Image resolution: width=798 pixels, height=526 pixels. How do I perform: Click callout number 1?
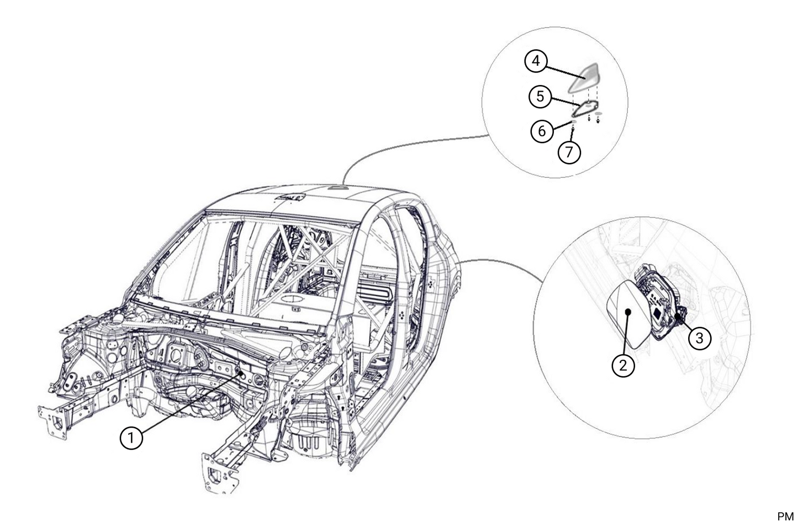click(x=131, y=438)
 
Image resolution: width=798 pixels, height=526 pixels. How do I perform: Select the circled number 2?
click(x=623, y=365)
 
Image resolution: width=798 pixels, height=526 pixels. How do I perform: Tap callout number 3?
click(x=700, y=337)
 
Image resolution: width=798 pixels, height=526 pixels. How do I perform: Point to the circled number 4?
click(x=536, y=60)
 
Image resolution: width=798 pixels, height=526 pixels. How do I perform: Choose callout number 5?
click(x=540, y=96)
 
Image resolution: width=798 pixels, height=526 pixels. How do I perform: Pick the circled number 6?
click(x=542, y=131)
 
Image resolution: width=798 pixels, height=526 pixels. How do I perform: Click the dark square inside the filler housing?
click(x=658, y=312)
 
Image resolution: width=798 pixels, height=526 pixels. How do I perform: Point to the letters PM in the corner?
click(x=785, y=517)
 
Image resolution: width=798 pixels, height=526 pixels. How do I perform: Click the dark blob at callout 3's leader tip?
click(x=679, y=317)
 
